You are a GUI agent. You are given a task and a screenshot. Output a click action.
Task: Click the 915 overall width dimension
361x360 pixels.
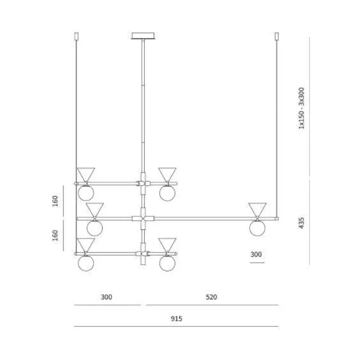click(176, 319)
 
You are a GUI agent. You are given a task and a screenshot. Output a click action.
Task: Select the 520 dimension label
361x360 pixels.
click(211, 297)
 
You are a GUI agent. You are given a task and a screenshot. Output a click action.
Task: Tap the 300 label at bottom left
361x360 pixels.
click(106, 297)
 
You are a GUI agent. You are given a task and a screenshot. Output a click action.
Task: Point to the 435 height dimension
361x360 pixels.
click(301, 223)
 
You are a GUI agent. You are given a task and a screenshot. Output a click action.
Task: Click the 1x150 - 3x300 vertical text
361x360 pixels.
click(301, 108)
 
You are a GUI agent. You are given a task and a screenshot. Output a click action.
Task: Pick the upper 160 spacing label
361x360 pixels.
click(55, 201)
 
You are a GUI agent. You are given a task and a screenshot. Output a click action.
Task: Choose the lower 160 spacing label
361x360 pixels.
click(55, 235)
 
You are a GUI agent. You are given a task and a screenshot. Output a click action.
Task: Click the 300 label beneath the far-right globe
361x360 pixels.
click(256, 254)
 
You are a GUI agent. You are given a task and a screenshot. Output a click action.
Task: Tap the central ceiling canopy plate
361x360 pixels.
click(143, 36)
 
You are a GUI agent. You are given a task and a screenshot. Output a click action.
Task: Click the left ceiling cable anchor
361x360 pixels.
click(77, 36)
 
